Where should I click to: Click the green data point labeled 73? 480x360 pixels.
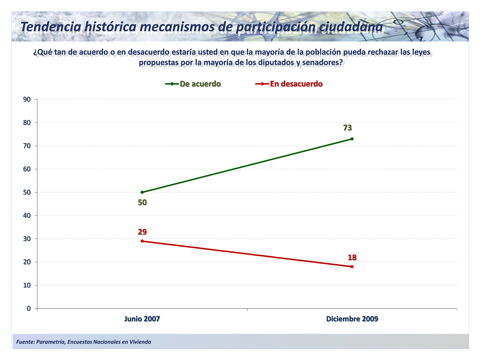352,139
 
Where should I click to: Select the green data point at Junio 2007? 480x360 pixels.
142,192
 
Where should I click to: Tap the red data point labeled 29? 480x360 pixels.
142,241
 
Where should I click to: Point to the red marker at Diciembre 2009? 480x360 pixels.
352,267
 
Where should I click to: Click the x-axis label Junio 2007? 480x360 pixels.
142,319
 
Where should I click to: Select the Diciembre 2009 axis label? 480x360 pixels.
352,319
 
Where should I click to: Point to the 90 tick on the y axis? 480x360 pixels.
27,99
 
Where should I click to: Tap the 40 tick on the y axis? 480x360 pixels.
27,216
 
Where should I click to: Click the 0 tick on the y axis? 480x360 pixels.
29,309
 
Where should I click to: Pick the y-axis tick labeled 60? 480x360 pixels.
27,169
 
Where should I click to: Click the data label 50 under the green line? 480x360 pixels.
142,203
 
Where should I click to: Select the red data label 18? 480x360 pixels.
352,258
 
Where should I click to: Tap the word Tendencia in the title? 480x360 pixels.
51,27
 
